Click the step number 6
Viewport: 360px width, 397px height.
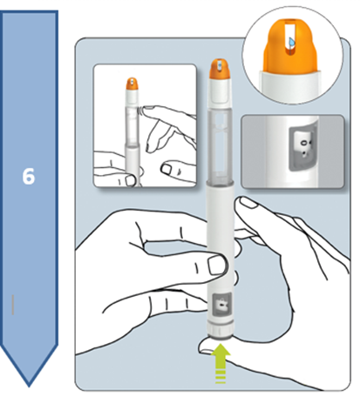(29, 176)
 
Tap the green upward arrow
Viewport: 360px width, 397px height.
(221, 364)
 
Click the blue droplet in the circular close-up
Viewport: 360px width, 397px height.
(292, 43)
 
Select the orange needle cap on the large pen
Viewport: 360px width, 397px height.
(220, 69)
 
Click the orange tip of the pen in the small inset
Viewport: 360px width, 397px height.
(132, 84)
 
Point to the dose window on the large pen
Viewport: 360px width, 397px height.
(222, 304)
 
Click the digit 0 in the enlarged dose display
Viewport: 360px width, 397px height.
(303, 143)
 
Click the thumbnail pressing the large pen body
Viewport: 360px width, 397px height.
(217, 266)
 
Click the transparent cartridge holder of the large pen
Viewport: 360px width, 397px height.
(221, 146)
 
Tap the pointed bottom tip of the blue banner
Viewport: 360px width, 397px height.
(29, 386)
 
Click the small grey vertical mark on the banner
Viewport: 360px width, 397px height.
(13, 305)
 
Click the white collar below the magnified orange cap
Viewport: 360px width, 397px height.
(290, 85)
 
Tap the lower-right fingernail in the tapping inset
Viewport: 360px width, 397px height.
(167, 169)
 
